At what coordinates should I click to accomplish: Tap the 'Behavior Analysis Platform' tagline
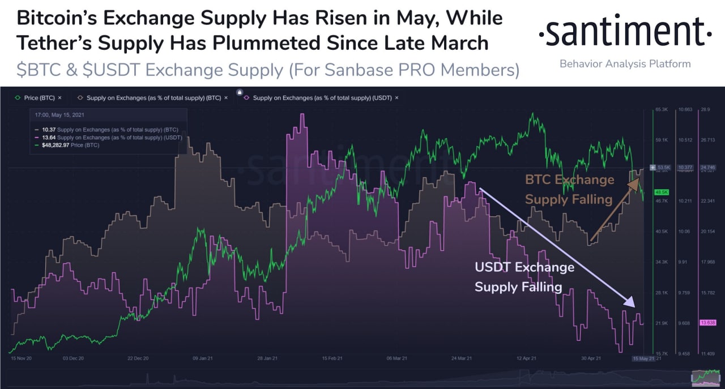point(625,63)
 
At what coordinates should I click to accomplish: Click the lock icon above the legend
point(240,92)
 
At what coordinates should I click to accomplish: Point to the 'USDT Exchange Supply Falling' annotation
point(524,277)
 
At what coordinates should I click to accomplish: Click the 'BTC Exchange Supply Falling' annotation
point(569,189)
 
